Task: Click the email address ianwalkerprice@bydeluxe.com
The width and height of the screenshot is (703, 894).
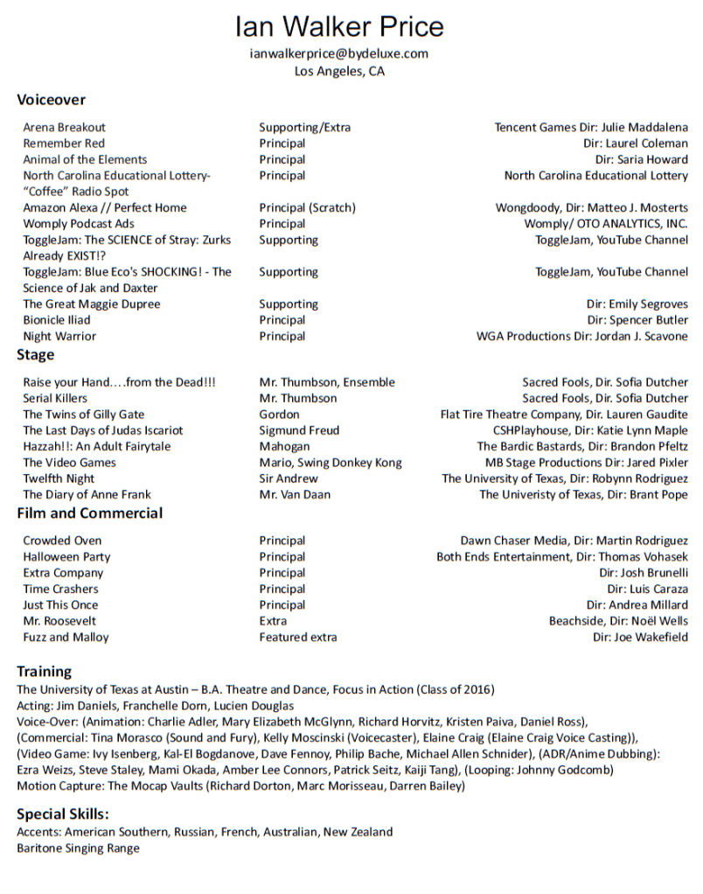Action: [339, 54]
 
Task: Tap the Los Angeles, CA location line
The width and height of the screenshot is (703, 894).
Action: [339, 72]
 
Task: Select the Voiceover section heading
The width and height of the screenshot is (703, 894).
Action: [51, 100]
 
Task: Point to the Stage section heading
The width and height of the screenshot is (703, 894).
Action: [35, 354]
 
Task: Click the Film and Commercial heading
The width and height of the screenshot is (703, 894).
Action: [89, 513]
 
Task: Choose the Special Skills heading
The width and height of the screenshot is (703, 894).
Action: [62, 813]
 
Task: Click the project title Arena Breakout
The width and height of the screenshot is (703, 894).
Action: [64, 127]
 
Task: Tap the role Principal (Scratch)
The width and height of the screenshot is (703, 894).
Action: [307, 207]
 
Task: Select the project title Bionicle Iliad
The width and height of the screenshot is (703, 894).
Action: [56, 320]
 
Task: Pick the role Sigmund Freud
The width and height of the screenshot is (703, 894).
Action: [299, 430]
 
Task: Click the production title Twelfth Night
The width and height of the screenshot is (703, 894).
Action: [59, 478]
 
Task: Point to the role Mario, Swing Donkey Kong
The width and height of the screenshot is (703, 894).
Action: [331, 463]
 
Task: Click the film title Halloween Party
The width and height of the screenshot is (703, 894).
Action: [66, 556]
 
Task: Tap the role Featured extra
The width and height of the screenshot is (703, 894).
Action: [297, 637]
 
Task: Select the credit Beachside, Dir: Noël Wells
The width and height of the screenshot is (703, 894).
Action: [618, 621]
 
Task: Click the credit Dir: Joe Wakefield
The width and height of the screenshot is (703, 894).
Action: [640, 637]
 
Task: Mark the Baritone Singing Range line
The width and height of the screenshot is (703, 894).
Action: [78, 848]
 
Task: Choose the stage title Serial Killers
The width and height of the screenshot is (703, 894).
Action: [55, 398]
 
